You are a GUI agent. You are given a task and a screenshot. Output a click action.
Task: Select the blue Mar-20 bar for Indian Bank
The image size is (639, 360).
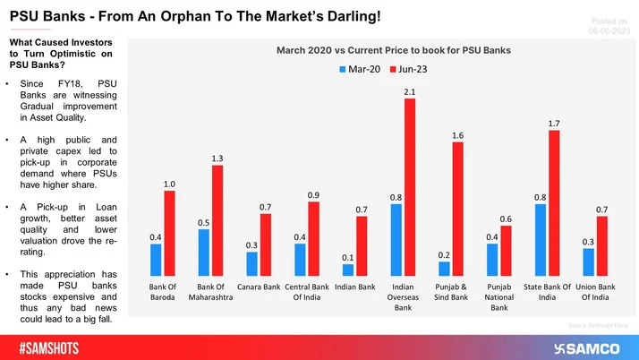[348, 270]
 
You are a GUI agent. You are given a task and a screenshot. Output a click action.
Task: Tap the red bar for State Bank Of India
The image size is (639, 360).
[554, 202]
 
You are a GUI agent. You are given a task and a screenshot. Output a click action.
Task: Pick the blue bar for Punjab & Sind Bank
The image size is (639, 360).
[445, 268]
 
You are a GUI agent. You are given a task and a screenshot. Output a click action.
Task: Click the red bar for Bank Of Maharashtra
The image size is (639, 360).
[217, 219]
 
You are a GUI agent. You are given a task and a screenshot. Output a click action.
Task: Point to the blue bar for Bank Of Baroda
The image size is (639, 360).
[156, 259]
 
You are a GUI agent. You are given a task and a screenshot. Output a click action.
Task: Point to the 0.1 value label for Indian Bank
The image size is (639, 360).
[348, 258]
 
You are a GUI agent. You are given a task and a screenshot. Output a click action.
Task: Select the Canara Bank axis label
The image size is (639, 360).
[259, 287]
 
